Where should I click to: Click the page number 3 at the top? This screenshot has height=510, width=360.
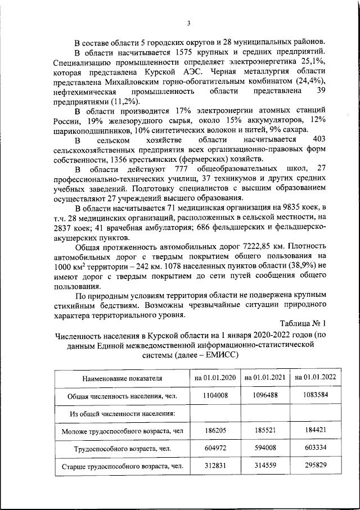pos(189,23)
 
